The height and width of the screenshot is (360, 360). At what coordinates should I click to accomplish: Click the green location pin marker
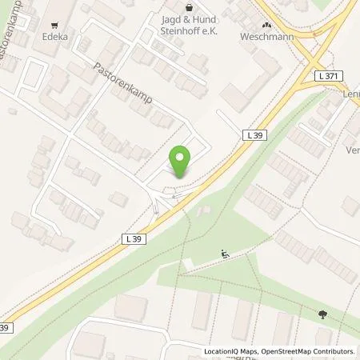181,160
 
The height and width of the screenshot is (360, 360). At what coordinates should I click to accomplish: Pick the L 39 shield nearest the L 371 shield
254,136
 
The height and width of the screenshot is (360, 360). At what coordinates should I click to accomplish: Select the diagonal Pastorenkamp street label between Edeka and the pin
122,84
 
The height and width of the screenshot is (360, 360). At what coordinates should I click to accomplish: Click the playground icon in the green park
225,255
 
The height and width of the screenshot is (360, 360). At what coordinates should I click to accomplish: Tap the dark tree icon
322,314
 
